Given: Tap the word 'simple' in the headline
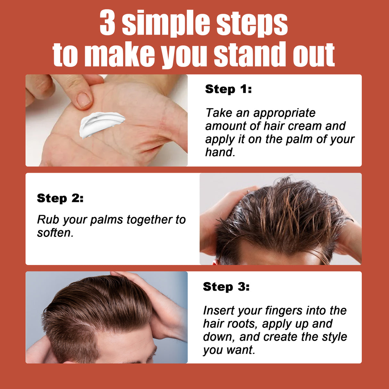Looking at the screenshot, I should (166, 24).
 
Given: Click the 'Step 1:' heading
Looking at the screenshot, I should (228, 89).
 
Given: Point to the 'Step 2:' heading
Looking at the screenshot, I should (60, 198).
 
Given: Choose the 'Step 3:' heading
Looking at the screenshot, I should (226, 286).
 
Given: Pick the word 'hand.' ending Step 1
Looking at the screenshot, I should (220, 153).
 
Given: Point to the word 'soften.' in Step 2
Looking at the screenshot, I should (55, 233).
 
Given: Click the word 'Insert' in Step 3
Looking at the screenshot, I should (218, 310).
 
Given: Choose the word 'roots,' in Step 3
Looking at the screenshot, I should (242, 324).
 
